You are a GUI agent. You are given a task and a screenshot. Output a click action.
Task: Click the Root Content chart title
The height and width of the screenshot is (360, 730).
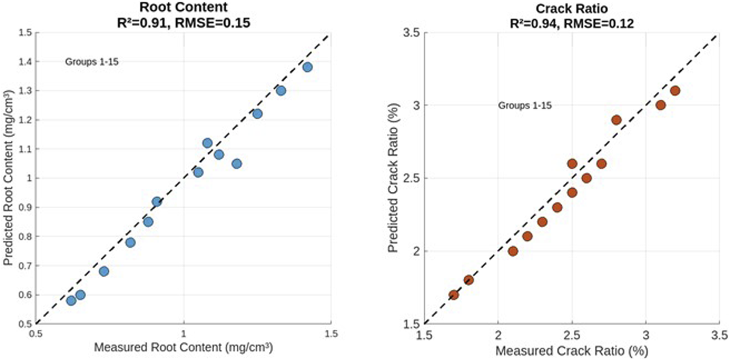pos(183,7)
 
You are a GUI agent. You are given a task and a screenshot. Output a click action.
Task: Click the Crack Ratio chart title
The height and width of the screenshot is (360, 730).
pos(572,8)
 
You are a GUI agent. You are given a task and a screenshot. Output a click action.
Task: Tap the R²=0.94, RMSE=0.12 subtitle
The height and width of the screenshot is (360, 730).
pos(572,23)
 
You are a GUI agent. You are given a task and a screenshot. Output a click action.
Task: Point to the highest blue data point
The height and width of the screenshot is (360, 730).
pos(307,67)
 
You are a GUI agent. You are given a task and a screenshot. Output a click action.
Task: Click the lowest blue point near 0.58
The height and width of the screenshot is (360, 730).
pos(71,300)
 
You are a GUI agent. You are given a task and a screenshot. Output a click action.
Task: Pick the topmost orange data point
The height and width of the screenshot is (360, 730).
pos(675,91)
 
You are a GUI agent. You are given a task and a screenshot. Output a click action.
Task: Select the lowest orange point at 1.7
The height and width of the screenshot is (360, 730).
pos(454,295)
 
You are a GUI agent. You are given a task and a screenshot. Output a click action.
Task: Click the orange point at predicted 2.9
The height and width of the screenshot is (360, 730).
pos(616,120)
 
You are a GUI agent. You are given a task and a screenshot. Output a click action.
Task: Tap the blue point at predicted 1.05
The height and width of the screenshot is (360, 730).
pos(237,164)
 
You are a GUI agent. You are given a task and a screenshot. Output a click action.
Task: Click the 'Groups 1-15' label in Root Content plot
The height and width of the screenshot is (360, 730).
pos(92,62)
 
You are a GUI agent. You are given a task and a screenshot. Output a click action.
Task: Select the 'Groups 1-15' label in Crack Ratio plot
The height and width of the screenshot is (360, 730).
pos(525,105)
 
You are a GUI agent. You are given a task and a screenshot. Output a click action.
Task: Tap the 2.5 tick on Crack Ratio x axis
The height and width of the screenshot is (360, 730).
pos(572,334)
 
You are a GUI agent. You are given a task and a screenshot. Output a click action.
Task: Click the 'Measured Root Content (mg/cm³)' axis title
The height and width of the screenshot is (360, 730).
pos(183,348)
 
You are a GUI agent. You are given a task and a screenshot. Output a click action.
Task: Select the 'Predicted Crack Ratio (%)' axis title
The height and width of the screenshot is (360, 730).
pos(393,178)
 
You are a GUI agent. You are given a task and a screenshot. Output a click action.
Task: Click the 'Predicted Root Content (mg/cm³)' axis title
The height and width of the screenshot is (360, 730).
pos(8,178)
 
